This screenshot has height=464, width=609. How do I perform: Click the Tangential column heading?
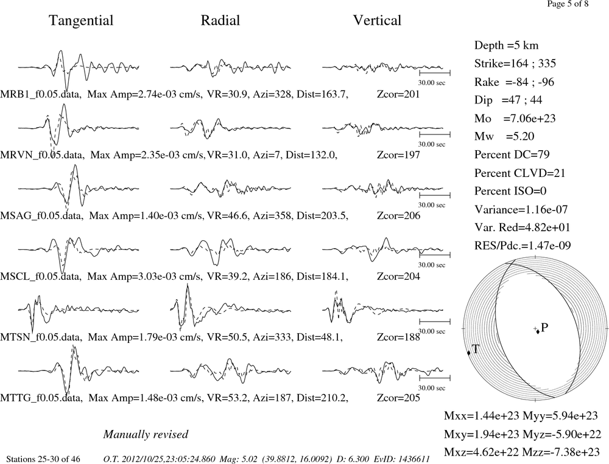[x=81, y=21]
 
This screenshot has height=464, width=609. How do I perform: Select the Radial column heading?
[x=220, y=21]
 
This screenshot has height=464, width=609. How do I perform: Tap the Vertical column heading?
[x=377, y=21]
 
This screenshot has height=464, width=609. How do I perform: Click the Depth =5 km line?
[x=506, y=46]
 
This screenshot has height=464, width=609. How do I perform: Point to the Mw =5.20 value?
[x=504, y=136]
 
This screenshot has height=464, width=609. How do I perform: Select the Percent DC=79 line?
[x=512, y=154]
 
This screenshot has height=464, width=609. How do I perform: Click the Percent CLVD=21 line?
[x=519, y=173]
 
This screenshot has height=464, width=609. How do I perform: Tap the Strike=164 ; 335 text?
[x=515, y=63]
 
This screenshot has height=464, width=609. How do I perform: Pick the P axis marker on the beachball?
[x=538, y=331]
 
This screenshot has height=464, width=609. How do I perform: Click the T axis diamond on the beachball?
[x=468, y=353]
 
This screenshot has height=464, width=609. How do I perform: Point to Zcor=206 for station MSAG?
[x=398, y=216]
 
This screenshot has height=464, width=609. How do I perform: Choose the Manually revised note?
[x=146, y=434]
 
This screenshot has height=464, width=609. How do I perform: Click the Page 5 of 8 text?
[x=568, y=4]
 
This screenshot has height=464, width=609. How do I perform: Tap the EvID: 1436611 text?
[x=402, y=459]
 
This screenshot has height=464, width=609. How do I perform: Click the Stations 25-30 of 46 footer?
[x=43, y=459]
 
